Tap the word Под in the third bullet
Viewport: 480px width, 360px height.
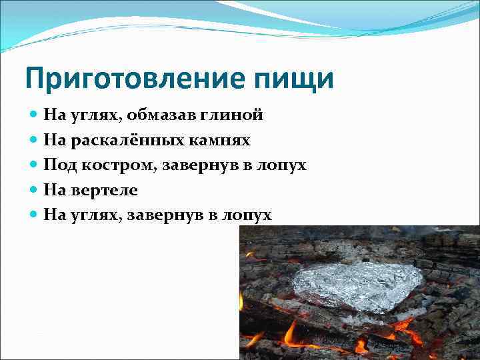pyautogui.click(x=56, y=165)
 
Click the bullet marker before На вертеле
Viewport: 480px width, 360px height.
pyautogui.click(x=34, y=190)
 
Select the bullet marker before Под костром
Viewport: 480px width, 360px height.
pyautogui.click(x=34, y=165)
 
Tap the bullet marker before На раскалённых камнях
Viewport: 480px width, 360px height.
pyautogui.click(x=34, y=140)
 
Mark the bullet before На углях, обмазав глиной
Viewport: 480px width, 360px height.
pyautogui.click(x=34, y=115)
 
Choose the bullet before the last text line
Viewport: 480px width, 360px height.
pyautogui.click(x=34, y=215)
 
